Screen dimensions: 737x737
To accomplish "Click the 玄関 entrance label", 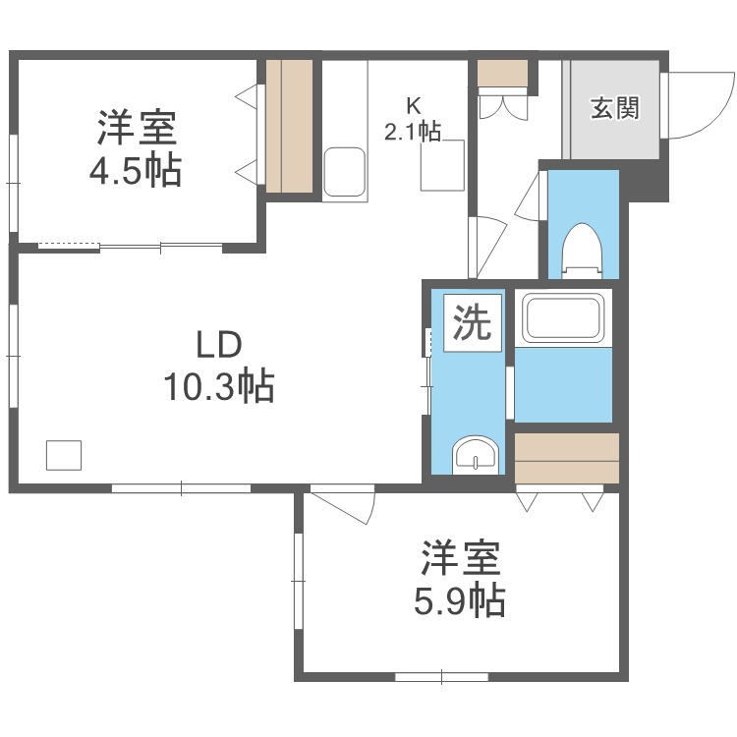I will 614,108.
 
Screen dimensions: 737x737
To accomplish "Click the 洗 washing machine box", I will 472,322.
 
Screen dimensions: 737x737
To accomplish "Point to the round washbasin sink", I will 475,457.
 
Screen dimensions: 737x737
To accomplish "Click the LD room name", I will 217,346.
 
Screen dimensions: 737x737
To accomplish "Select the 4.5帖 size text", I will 136,171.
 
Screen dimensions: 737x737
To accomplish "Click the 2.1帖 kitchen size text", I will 415,131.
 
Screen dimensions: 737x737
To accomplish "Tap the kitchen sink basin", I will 344,172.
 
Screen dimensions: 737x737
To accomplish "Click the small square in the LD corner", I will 65,455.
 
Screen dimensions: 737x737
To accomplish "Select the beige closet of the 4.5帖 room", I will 290,126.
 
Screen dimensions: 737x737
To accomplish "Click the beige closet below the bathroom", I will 567,457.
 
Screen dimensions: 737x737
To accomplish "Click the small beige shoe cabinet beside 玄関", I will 503,73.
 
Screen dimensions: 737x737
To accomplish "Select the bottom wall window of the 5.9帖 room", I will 442,676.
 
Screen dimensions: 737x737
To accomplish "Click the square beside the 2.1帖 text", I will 442,164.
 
